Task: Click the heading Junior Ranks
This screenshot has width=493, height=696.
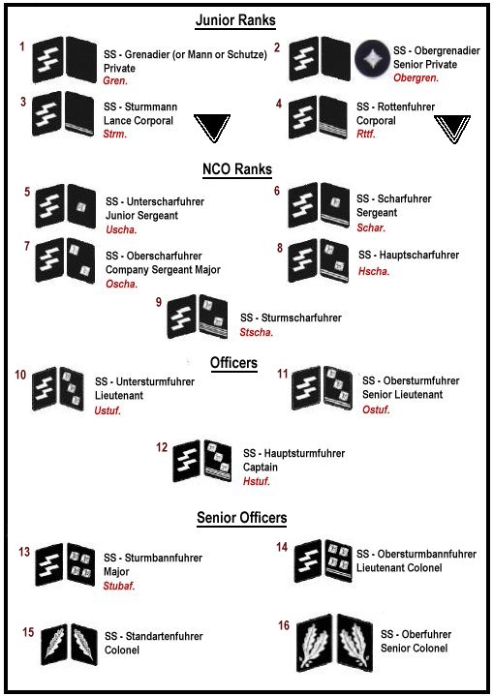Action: [x=235, y=20]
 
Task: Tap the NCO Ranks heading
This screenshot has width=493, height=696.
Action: [x=237, y=169]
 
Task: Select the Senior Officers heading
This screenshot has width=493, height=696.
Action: [x=241, y=518]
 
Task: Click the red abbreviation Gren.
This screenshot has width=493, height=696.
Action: [x=115, y=81]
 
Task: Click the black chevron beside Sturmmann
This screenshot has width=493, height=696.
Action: [x=212, y=128]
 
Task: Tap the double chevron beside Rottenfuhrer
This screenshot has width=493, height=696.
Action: [x=452, y=129]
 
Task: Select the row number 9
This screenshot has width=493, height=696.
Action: [x=159, y=302]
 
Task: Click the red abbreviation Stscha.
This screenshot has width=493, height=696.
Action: [x=257, y=332]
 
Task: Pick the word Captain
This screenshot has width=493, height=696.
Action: [x=261, y=468]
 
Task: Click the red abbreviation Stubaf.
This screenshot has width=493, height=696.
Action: [x=119, y=586]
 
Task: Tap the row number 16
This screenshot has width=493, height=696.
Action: [x=284, y=625]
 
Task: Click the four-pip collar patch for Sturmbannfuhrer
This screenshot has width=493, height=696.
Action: [x=80, y=564]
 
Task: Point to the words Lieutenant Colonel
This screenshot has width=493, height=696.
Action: [x=399, y=567]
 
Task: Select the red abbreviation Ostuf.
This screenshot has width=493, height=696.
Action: [x=376, y=409]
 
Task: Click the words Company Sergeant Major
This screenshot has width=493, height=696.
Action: [x=163, y=270]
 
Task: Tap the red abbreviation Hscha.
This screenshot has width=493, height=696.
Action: [x=374, y=271]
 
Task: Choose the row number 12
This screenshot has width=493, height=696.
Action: [x=162, y=447]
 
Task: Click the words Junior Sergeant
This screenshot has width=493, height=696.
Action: [x=141, y=216]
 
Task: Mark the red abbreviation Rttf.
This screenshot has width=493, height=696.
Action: [x=366, y=134]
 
